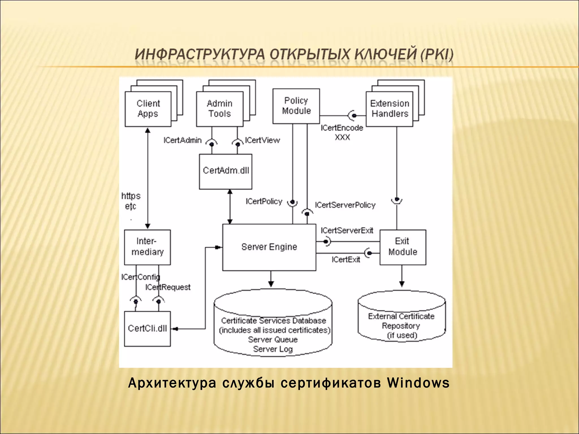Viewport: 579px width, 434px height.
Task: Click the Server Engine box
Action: tap(269, 247)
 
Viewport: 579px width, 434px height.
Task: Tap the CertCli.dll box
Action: tap(147, 329)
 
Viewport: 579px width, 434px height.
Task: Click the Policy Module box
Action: tap(296, 106)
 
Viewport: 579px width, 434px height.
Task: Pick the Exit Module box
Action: tap(403, 247)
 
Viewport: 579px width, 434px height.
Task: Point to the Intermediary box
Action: tap(147, 247)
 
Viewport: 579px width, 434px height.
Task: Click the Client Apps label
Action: tap(148, 108)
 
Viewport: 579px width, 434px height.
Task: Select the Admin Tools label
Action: tap(220, 108)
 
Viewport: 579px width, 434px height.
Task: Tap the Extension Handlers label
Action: tap(390, 108)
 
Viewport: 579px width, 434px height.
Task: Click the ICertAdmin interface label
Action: tap(183, 140)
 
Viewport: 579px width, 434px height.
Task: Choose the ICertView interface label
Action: tap(262, 140)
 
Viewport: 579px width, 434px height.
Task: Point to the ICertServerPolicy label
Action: tap(345, 205)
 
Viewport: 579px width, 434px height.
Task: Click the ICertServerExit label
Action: tap(347, 231)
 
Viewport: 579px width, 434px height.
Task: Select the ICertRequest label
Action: tap(168, 287)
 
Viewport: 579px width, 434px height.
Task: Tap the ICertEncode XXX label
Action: tap(342, 133)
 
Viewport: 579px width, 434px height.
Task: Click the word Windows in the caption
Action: tap(418, 383)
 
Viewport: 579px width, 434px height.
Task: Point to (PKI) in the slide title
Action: tap(437, 54)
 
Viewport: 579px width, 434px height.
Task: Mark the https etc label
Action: tap(131, 201)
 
